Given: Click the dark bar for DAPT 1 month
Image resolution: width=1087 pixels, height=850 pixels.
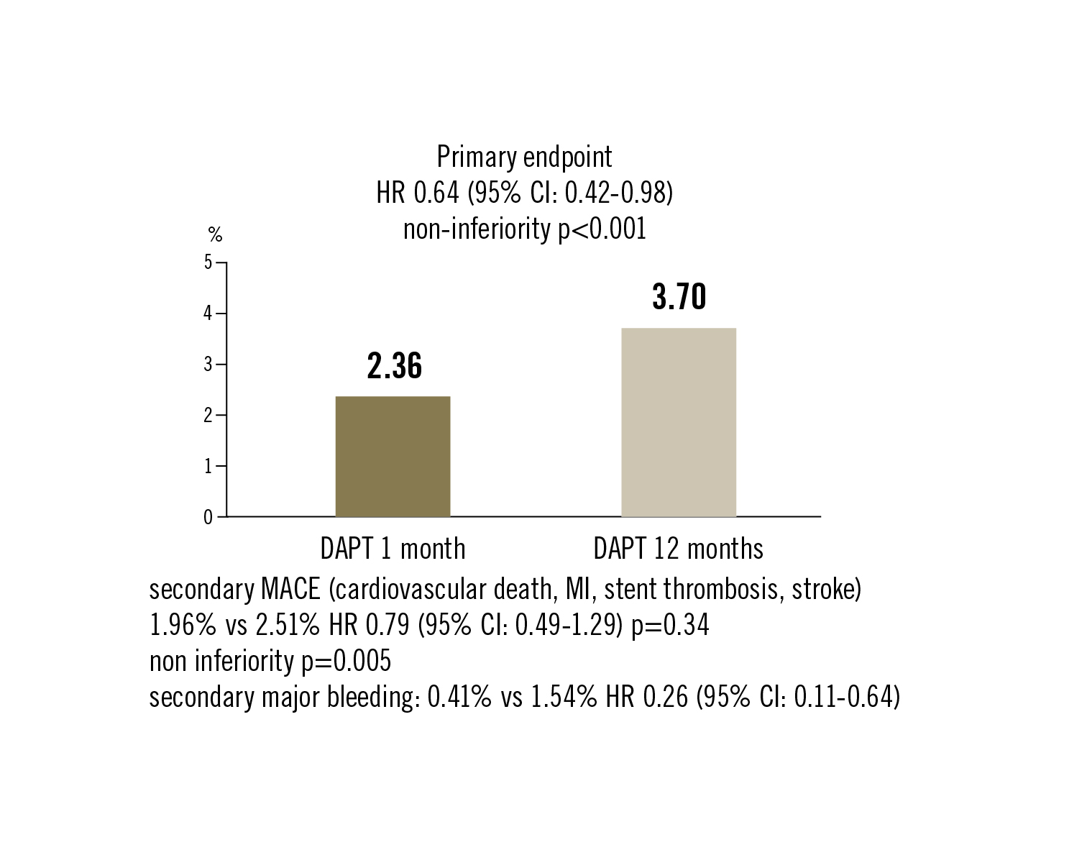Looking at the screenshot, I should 393,456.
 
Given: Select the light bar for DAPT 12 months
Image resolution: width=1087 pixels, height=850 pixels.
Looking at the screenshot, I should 678,422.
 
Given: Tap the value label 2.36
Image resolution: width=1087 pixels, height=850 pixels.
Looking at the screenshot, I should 394,366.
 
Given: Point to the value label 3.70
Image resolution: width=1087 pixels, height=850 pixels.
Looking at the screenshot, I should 679,297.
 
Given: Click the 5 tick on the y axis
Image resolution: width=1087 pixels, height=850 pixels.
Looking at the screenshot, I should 208,262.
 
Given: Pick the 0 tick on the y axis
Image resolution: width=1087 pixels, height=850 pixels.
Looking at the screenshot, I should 208,517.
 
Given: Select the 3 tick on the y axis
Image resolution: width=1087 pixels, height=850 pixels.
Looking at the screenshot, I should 208,365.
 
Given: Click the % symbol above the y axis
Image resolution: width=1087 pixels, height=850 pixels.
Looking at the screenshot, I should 215,234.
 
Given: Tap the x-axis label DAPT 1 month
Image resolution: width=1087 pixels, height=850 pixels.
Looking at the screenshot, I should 393,549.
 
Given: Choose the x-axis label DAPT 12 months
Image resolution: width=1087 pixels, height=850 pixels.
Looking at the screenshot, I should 678,549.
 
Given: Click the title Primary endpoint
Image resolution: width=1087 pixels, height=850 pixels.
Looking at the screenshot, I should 525,157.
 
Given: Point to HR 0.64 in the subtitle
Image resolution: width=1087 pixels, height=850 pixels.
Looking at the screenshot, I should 417,193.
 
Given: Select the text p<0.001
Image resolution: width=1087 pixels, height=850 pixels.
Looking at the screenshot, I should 602,229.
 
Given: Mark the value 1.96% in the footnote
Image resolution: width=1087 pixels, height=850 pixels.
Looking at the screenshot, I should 182,626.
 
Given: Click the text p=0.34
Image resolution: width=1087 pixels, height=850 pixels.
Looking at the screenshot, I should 670,626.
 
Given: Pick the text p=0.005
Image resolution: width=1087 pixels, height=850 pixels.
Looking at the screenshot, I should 346,661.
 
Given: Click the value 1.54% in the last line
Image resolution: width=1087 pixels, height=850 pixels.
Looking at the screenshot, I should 564,698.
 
